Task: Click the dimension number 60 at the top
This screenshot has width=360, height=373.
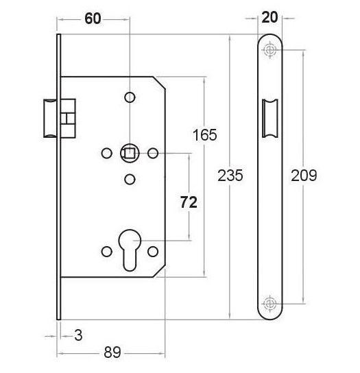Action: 93,19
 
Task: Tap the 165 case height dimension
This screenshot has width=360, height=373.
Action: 204,135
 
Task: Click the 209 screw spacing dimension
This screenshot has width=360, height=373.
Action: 302,176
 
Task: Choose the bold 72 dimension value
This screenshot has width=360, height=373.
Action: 189,202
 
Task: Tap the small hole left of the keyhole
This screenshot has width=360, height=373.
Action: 106,252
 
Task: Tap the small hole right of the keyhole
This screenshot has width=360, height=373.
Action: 154,252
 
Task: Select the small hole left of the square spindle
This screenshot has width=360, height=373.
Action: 106,152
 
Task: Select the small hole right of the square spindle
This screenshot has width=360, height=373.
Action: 154,152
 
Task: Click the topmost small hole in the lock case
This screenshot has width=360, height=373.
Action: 130,97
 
